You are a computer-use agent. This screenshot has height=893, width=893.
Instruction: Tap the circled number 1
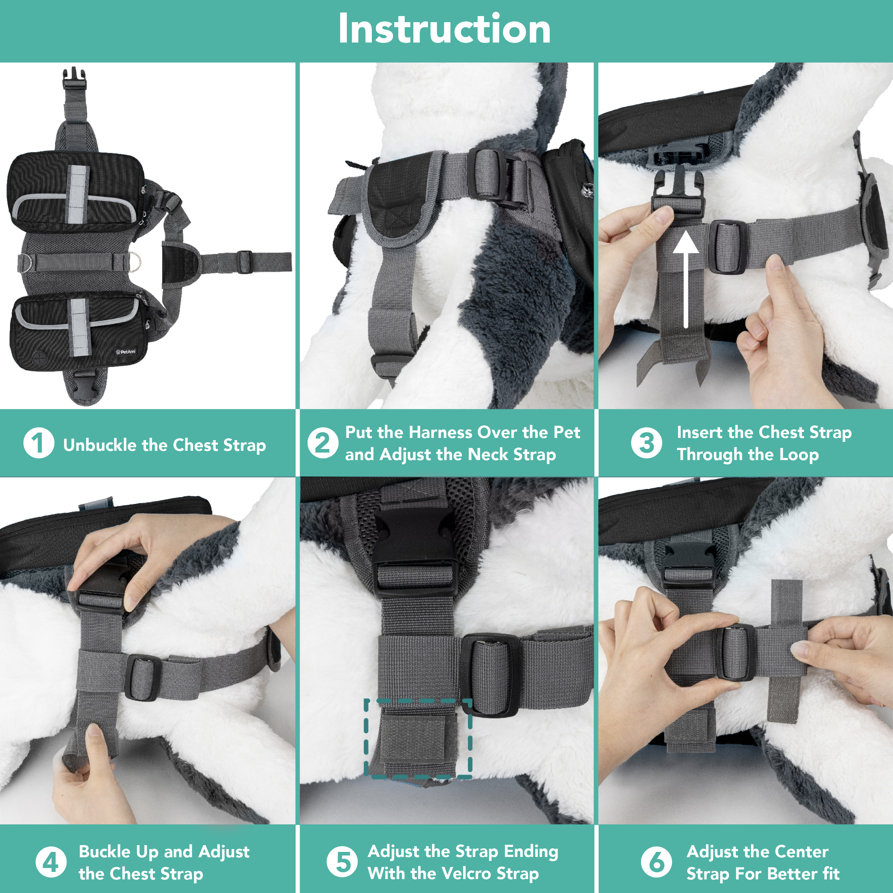(39, 443)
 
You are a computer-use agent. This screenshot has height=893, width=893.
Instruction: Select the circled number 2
(322, 443)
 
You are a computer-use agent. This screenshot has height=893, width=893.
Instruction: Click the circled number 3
(646, 443)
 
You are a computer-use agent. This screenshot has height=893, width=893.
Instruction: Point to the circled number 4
(51, 862)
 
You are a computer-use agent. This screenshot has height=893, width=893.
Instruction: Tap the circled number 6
(656, 862)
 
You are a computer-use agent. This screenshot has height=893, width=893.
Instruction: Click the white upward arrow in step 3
(685, 277)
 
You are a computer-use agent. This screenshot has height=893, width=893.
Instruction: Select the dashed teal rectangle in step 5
(418, 739)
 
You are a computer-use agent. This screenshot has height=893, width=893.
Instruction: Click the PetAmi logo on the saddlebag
(126, 352)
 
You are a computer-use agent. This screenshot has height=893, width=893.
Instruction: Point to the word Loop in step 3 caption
(799, 455)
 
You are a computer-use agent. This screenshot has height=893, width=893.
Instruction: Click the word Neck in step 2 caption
(488, 455)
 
